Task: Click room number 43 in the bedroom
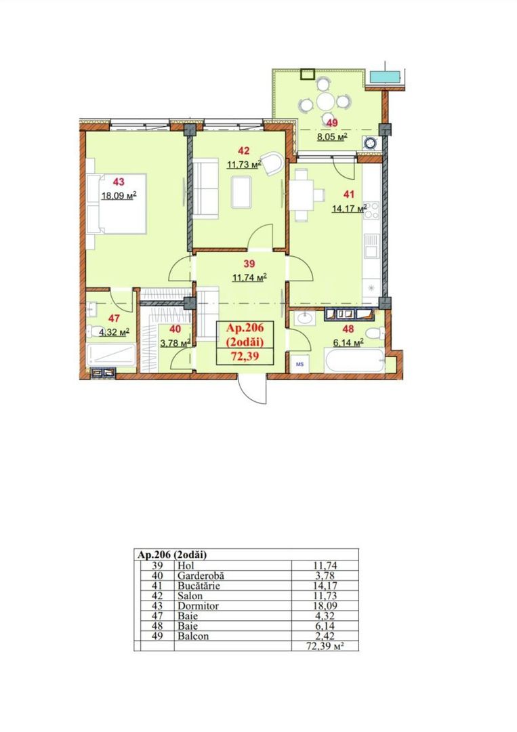click(119, 182)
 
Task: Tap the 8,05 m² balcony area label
click(333, 136)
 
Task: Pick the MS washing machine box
click(299, 365)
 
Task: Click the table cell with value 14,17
click(325, 586)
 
